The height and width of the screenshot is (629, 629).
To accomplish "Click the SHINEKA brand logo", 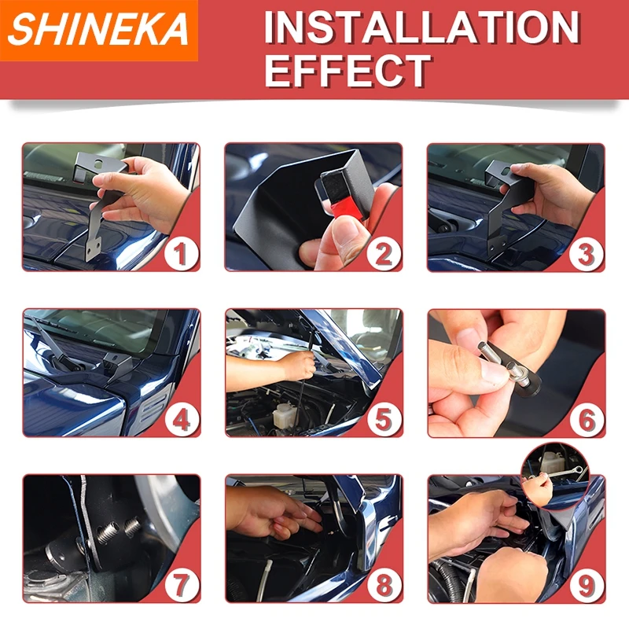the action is pos(98,30).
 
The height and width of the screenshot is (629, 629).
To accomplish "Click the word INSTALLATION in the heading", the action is pos(421,28).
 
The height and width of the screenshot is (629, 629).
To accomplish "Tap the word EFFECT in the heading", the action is pos(348,71).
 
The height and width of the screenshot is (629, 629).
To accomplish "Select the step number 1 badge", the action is pos(182,253).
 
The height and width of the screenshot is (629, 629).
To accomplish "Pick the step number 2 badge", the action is pos(384,254).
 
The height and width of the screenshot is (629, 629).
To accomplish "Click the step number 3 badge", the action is pos(587,254).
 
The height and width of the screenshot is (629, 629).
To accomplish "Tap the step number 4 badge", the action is pos(182,420).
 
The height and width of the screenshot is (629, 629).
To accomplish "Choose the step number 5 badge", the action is pos(384,420).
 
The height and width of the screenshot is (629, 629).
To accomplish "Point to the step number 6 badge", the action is pos(587,420).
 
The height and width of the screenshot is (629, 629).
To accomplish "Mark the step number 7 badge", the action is pos(182,585).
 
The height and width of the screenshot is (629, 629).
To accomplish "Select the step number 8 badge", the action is pos(384,585).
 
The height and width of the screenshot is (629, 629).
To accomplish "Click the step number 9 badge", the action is pos(587,585).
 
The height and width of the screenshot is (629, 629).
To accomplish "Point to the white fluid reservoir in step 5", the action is pos(283,414).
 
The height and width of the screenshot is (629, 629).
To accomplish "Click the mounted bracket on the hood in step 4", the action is pos(117,366).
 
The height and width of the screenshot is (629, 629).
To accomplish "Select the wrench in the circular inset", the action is pos(561,473).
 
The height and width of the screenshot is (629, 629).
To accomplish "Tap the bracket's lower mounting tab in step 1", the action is pos(93,249).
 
